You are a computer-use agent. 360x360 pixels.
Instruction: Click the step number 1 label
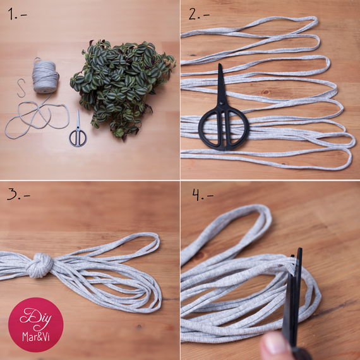point(17,14)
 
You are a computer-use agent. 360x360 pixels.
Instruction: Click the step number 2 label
point(199,14)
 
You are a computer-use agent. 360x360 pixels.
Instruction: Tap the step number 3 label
point(18,193)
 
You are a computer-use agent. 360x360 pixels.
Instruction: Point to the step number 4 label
point(203,195)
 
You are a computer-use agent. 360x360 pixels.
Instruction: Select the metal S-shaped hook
point(21,88)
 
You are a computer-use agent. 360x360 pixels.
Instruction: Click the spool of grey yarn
point(45,76)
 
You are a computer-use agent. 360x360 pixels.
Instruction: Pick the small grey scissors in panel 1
point(78,131)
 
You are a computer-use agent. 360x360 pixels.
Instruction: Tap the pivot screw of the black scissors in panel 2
point(222,102)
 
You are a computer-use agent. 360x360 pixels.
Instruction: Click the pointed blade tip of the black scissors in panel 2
point(220,64)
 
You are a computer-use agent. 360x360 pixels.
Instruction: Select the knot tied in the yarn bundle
point(40,265)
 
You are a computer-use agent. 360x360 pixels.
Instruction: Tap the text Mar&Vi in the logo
point(36,337)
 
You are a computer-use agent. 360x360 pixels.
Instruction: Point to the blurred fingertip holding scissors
point(273,345)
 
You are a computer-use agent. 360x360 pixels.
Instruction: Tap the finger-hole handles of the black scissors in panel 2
point(224,129)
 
